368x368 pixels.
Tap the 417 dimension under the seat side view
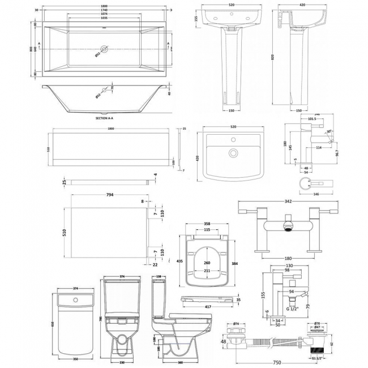208,307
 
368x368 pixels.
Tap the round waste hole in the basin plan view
232,152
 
